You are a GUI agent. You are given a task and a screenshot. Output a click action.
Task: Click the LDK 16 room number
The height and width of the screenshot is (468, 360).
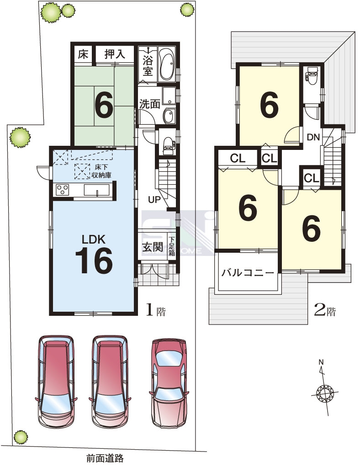[x=94, y=261]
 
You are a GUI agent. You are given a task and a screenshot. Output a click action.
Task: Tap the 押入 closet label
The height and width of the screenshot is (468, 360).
[x=115, y=54]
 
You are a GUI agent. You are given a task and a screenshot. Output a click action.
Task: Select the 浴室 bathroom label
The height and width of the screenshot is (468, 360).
[x=148, y=65]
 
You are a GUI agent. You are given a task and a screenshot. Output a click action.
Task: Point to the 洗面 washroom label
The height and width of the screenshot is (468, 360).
[x=150, y=104]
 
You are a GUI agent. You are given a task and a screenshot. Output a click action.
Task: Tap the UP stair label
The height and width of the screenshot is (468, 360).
[x=154, y=199]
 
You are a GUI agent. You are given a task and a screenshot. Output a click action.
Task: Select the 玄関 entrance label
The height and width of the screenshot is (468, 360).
[x=153, y=247]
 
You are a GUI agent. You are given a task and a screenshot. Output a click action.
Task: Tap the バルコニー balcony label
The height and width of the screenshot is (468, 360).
[x=247, y=272]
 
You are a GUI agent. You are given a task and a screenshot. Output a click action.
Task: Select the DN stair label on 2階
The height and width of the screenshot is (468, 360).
[x=313, y=137]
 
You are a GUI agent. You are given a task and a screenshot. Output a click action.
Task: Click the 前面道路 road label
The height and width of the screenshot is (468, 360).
[x=105, y=457]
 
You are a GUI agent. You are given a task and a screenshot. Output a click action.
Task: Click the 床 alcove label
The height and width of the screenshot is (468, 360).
[x=83, y=54]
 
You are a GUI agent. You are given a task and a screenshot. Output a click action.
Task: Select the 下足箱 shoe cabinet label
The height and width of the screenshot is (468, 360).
[x=172, y=246]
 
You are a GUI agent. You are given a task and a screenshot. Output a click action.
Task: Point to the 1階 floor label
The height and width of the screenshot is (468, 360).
[x=155, y=310]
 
